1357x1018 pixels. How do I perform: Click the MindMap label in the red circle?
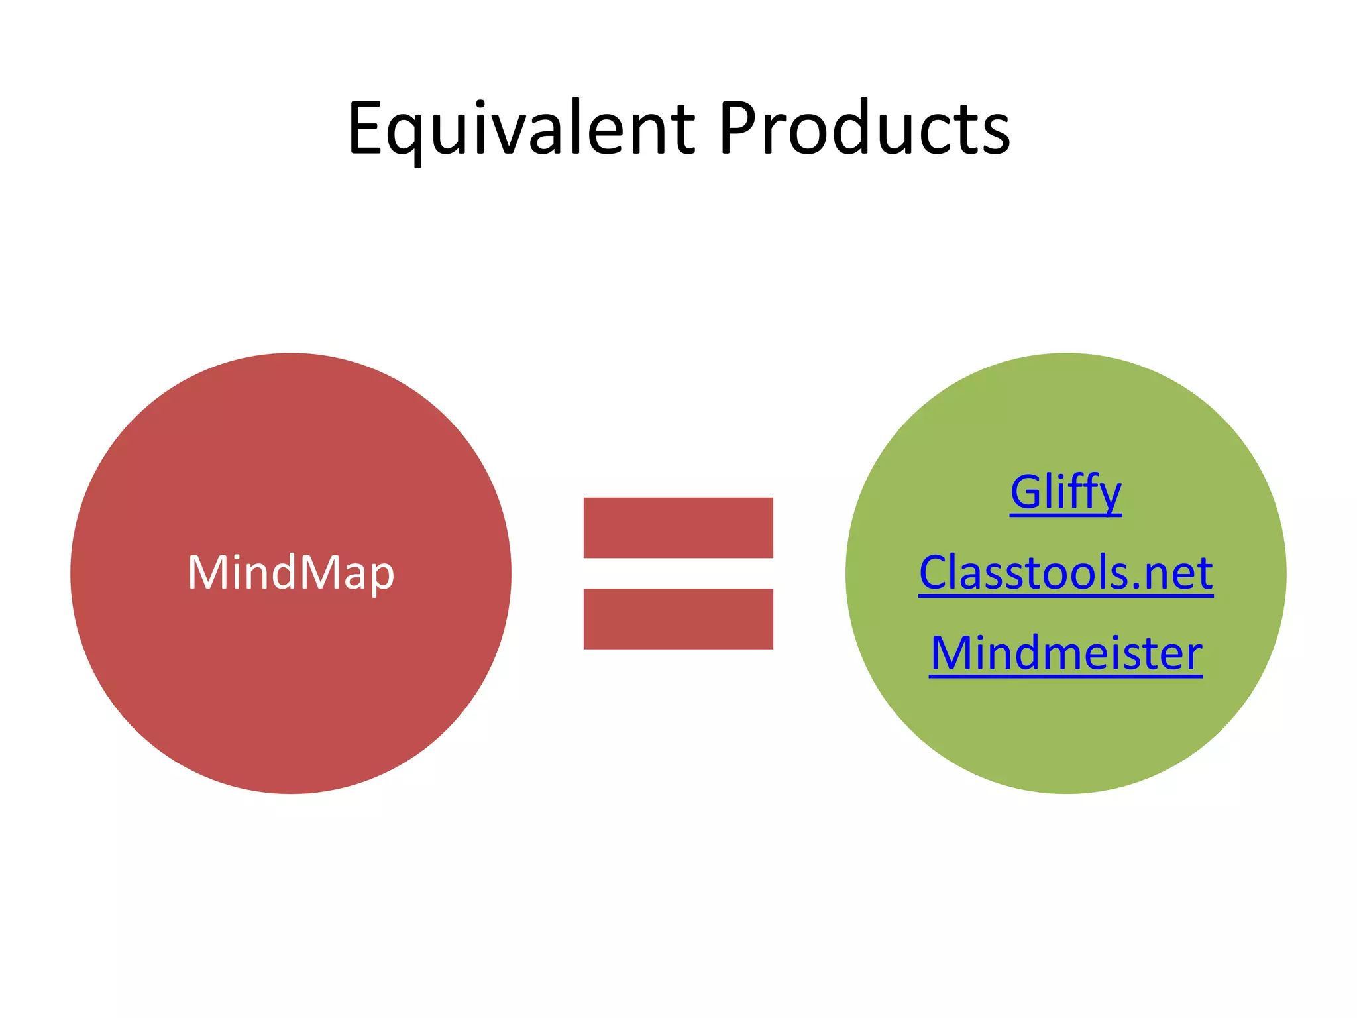291,573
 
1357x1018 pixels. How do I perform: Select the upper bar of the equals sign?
678,528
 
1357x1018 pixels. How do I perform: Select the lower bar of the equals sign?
678,618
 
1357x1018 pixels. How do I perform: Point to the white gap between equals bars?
678,573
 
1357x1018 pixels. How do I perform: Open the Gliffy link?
1065,492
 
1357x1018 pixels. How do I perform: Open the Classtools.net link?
1065,573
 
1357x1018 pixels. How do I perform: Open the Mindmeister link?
1065,653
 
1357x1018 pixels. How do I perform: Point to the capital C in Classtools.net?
934,573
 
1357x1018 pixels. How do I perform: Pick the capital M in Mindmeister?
951,653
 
